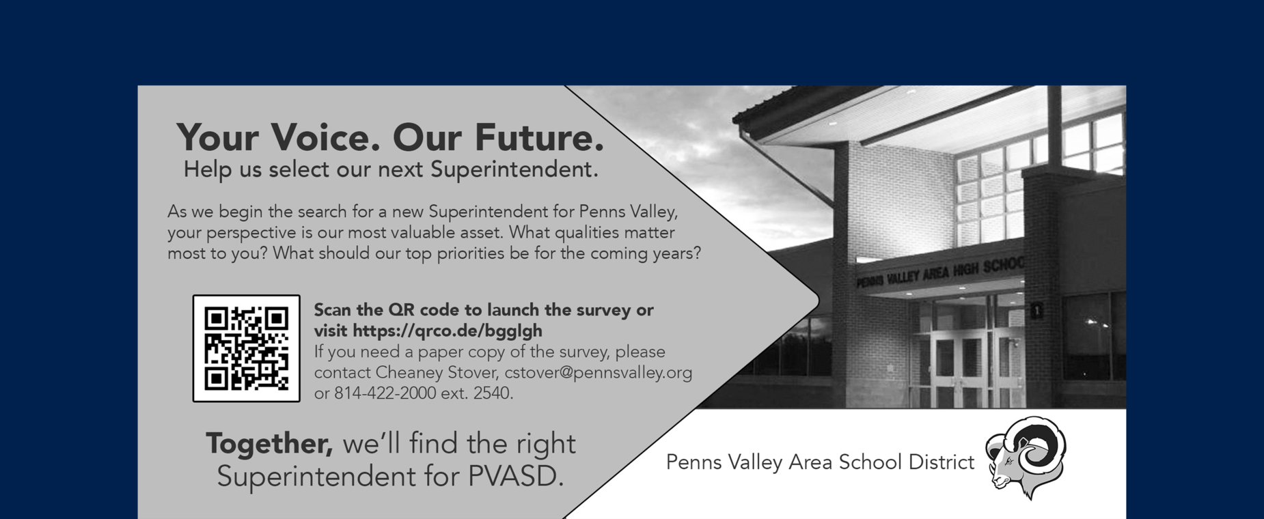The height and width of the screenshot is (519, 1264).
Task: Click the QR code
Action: pos(246,348)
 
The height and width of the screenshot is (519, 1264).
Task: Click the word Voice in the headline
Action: pos(325,137)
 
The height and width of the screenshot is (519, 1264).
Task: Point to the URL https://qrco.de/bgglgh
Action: pos(448,331)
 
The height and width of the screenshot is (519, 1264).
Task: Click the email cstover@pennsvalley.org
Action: pos(598,373)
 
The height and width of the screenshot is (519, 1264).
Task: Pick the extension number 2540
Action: pos(492,393)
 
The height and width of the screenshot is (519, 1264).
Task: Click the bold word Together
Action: pos(269,444)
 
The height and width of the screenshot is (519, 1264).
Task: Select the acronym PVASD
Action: pos(515,477)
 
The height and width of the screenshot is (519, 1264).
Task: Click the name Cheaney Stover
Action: pos(437,373)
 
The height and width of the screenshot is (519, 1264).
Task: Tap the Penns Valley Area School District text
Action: pos(820,463)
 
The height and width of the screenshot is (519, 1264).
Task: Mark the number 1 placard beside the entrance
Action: pos(1036,311)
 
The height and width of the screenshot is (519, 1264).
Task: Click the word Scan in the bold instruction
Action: pos(333,310)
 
